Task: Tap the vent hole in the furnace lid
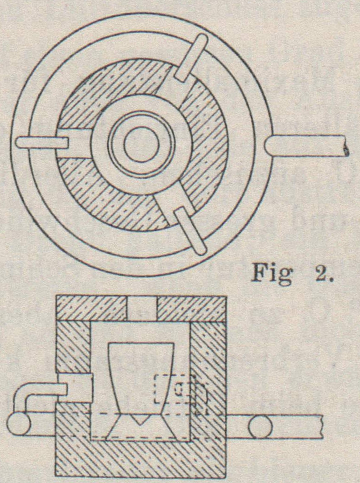point(142,308)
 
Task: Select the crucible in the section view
point(140,378)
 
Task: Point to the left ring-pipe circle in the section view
point(19,425)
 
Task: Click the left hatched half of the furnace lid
point(91,308)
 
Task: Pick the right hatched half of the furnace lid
point(194,308)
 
